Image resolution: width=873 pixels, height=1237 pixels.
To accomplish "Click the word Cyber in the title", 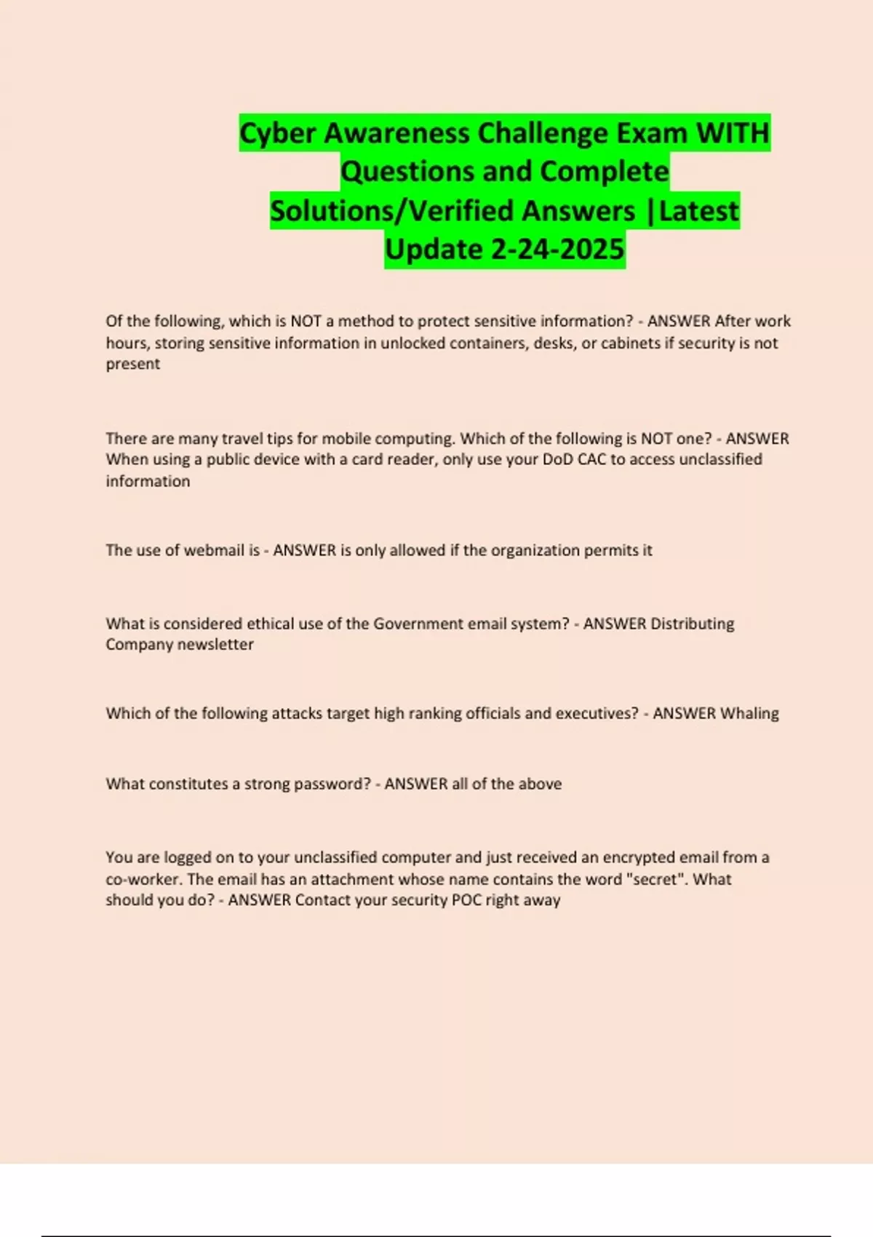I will pyautogui.click(x=277, y=134).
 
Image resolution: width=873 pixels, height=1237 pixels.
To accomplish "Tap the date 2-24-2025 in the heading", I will pyautogui.click(x=557, y=250).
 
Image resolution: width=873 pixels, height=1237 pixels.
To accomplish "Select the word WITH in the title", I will pyautogui.click(x=733, y=134).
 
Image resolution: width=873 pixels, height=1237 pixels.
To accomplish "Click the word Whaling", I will pyautogui.click(x=749, y=713).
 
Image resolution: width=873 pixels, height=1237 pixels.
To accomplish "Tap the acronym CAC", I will pyautogui.click(x=591, y=459).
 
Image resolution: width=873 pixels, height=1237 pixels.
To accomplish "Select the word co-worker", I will pyautogui.click(x=143, y=879).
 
